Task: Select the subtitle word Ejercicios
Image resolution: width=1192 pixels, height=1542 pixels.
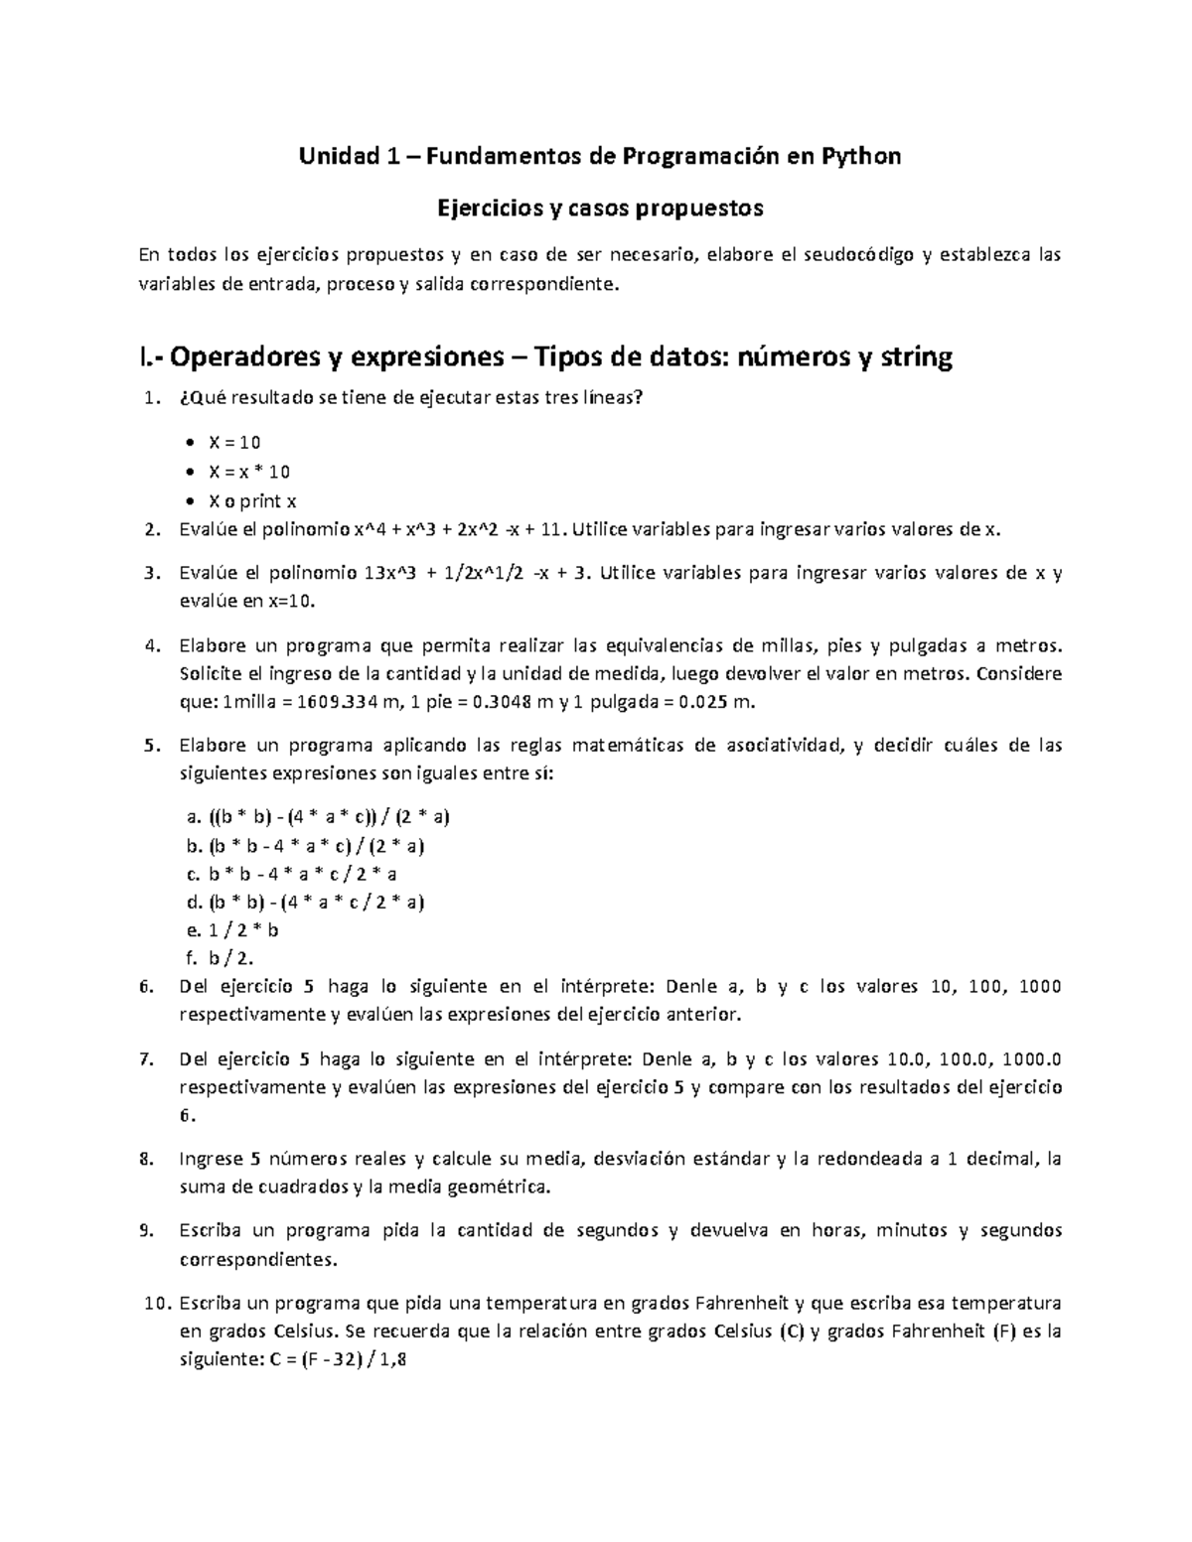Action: [x=486, y=208]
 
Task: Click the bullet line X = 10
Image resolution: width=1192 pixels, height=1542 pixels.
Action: [x=234, y=443]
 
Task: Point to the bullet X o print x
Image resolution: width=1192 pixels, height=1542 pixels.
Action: [x=252, y=501]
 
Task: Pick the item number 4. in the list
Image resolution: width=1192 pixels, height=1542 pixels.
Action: [x=151, y=646]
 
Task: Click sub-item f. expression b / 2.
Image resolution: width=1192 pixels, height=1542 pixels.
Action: [x=231, y=958]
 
